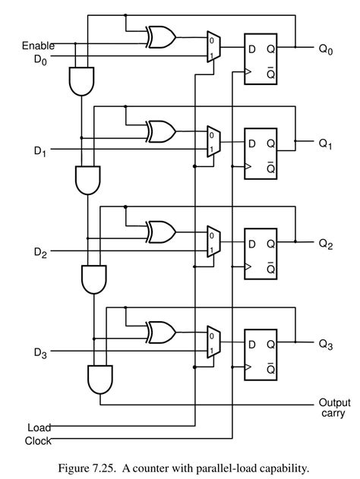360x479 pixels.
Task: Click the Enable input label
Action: point(38,46)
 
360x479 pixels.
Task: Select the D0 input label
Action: point(39,58)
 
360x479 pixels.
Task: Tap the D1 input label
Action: point(39,152)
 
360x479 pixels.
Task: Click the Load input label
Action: point(39,427)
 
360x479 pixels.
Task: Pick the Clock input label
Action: point(38,440)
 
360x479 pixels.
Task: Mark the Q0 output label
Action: point(326,49)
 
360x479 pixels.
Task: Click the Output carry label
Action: point(334,408)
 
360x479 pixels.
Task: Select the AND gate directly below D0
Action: point(81,81)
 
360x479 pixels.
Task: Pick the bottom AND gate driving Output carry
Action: point(101,379)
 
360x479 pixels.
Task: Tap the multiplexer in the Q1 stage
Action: point(213,142)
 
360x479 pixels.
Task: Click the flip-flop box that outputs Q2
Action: point(261,255)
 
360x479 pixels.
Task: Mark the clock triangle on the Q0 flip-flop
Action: point(246,74)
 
